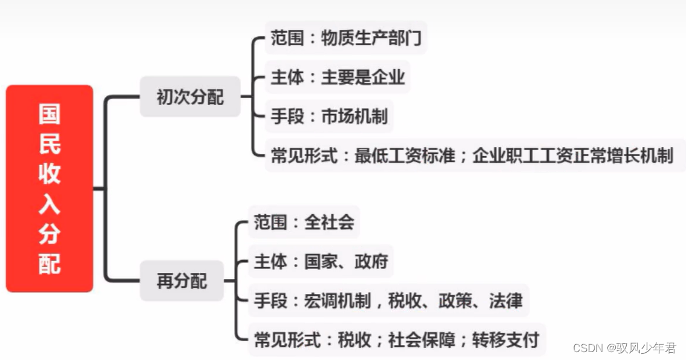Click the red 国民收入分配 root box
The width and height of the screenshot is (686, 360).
[50, 188]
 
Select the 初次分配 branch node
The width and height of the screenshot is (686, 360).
[190, 97]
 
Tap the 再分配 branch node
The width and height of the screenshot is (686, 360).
[181, 281]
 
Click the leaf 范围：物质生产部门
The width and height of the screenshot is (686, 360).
[345, 39]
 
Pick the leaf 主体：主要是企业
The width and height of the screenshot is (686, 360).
[338, 77]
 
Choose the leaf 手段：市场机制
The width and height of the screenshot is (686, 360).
[329, 116]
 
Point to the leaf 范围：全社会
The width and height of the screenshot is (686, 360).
[304, 222]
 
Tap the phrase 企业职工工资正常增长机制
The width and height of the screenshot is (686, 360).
[573, 155]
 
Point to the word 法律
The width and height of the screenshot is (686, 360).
[505, 301]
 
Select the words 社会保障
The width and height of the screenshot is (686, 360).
[422, 339]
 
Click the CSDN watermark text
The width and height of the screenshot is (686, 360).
[624, 348]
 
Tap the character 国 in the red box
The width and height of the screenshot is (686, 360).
[50, 114]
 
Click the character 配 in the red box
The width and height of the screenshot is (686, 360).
[50, 264]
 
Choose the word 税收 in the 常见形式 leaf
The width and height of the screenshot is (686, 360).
[354, 339]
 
